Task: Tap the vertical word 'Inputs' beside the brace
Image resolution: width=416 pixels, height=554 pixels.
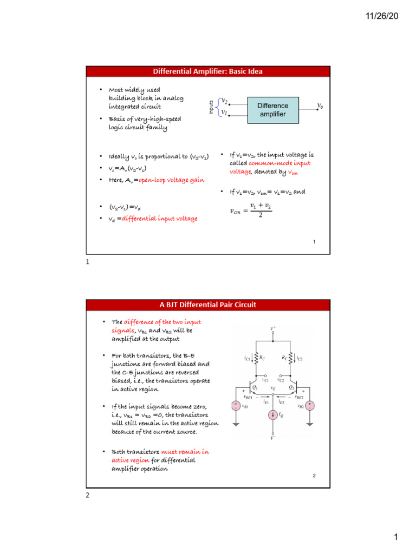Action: [x=211, y=106]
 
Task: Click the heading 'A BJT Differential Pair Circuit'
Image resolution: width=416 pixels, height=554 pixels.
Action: [x=208, y=305]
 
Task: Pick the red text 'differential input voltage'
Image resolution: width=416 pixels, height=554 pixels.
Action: [x=160, y=218]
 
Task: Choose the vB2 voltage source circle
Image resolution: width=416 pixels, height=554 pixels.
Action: [x=310, y=405]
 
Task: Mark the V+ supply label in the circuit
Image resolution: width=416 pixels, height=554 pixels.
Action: [x=273, y=328]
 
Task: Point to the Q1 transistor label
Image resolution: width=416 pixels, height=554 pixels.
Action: [x=255, y=387]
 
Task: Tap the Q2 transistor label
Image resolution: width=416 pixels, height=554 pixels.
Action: [x=291, y=387]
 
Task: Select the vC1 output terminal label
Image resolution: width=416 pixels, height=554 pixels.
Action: [x=265, y=380]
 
